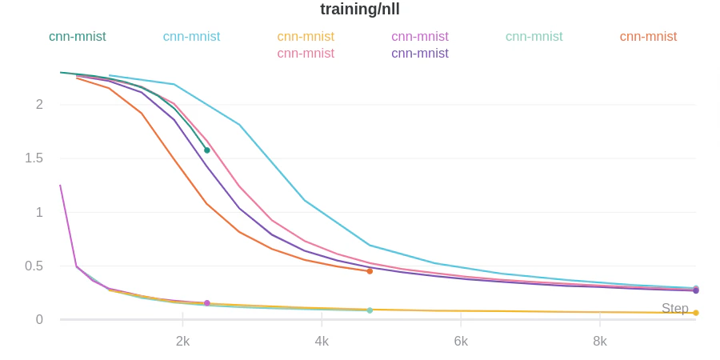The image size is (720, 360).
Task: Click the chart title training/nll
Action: (359, 10)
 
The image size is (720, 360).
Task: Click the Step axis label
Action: (674, 308)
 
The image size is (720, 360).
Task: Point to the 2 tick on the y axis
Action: (39, 104)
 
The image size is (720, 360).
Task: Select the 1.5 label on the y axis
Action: (34, 158)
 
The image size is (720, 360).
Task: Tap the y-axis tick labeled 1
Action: (39, 212)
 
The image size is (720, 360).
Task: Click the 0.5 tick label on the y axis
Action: (34, 266)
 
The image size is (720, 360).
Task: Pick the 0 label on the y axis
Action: (39, 319)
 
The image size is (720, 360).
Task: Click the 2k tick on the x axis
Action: (182, 341)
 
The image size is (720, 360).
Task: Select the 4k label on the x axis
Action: (322, 341)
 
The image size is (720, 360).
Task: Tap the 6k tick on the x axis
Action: (461, 341)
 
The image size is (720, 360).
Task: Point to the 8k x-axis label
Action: (600, 341)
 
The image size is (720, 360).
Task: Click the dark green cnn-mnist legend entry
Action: (77, 37)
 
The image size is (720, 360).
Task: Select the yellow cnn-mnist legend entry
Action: (306, 37)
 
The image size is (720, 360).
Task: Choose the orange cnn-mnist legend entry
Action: (648, 37)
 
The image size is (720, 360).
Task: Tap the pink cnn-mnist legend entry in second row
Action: (306, 54)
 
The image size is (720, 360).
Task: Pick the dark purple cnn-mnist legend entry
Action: (419, 54)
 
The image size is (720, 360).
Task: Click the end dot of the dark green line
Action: (207, 150)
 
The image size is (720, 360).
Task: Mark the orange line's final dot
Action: (370, 271)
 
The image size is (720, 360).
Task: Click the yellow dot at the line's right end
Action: (696, 313)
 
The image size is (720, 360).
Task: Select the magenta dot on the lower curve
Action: (207, 303)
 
